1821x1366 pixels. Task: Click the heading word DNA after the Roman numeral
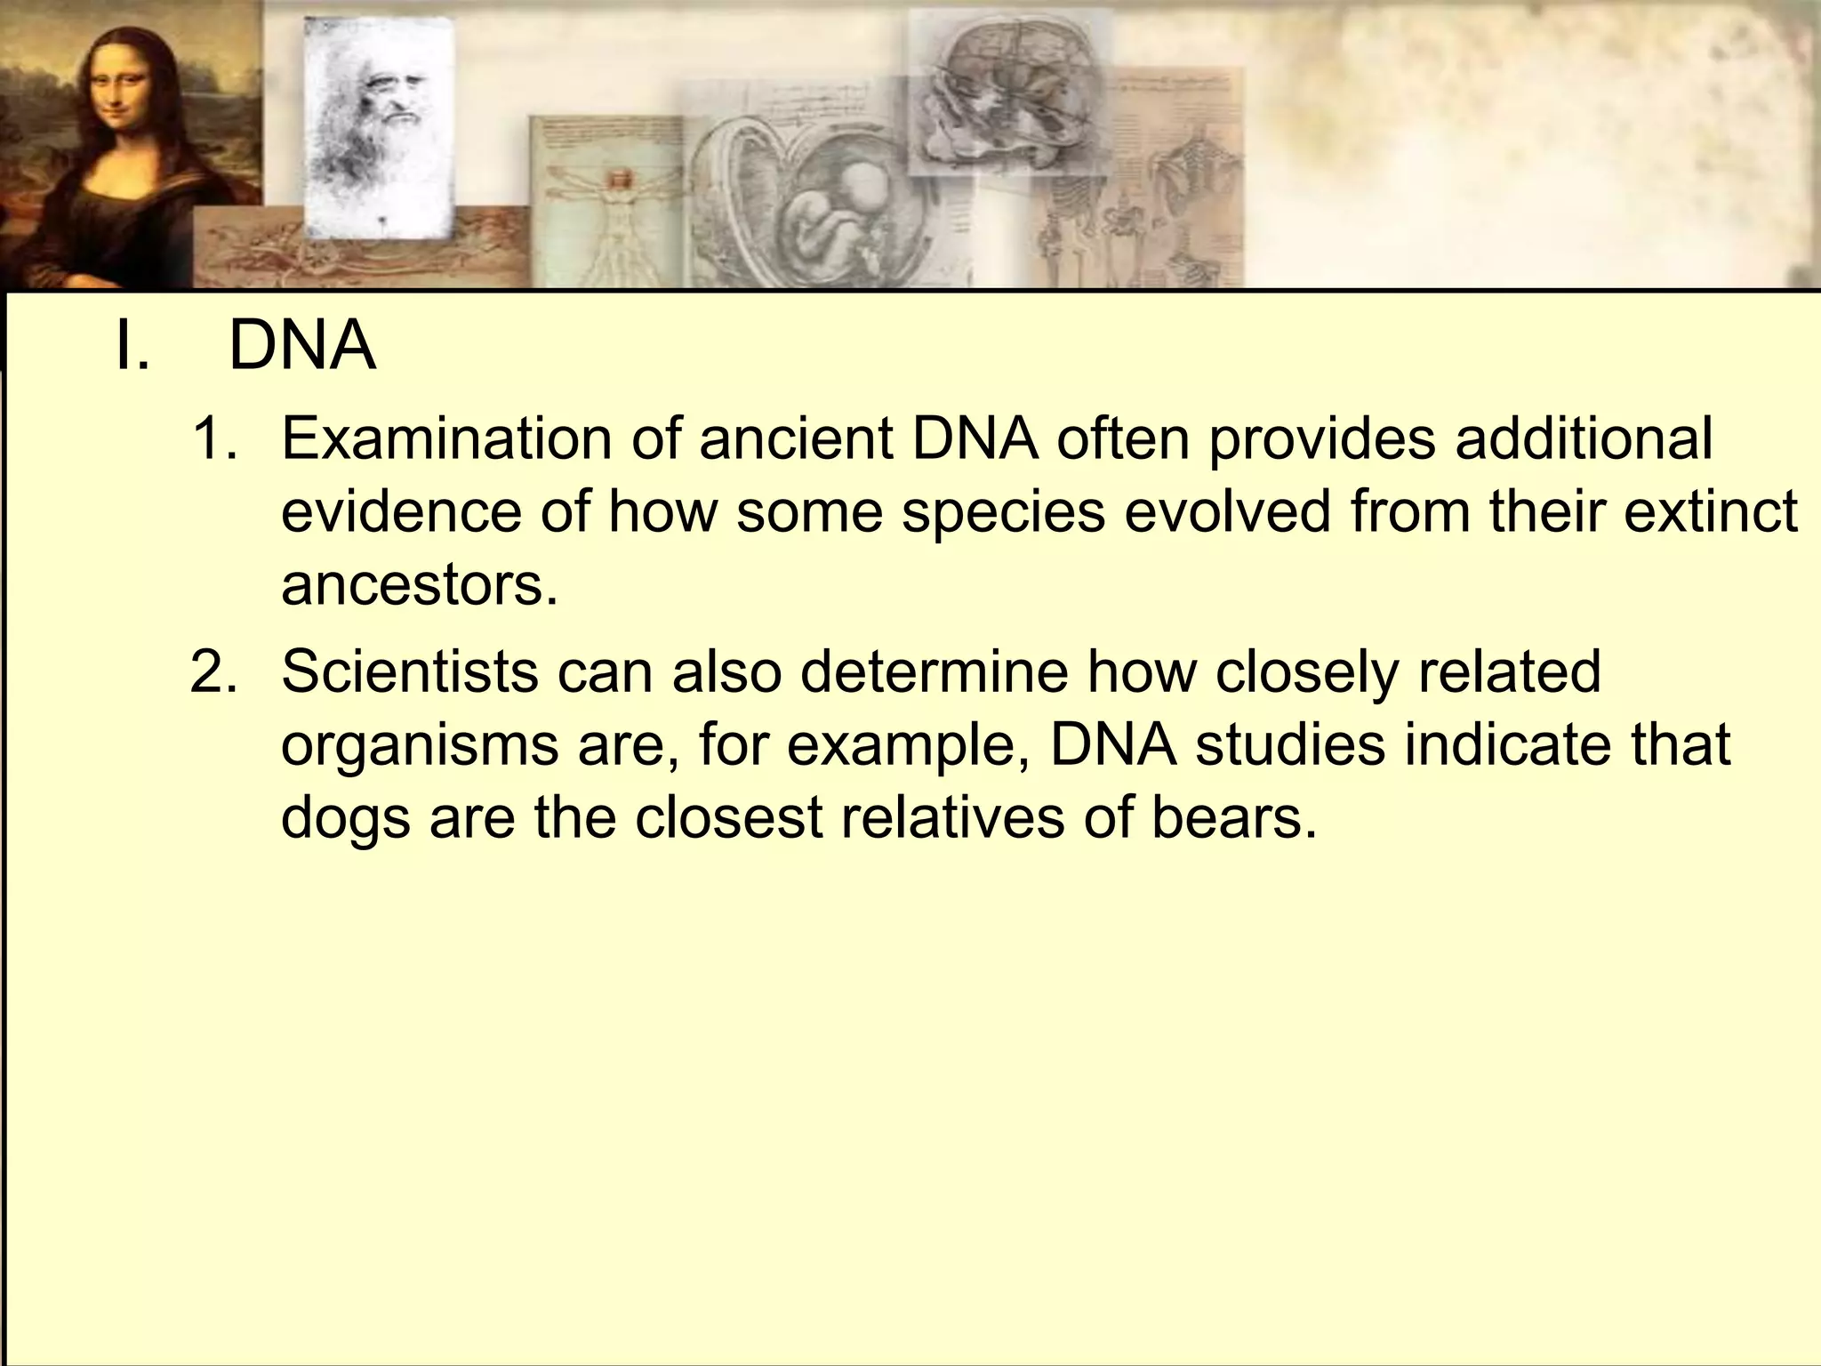tap(302, 347)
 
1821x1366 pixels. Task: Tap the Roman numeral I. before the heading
tap(132, 347)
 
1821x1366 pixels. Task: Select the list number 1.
tap(214, 439)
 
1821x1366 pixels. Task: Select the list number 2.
tap(214, 671)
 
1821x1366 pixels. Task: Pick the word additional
tap(1584, 439)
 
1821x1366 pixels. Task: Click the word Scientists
tap(410, 671)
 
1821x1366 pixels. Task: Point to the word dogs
tap(346, 818)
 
